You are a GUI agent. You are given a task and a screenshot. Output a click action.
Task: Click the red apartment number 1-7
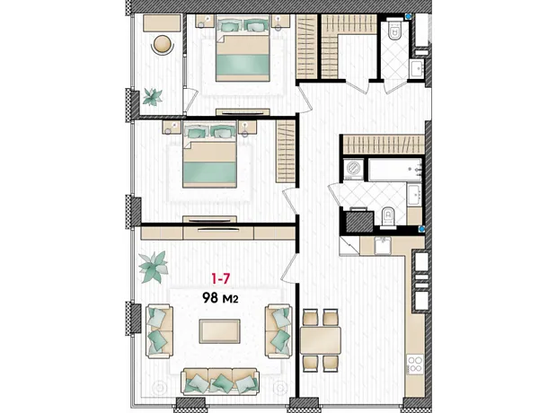[x=221, y=279]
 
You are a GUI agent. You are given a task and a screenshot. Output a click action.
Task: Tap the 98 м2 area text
[x=220, y=298]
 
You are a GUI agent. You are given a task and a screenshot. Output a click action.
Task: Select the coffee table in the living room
[x=219, y=331]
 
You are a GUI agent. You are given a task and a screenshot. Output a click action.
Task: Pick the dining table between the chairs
[x=321, y=340]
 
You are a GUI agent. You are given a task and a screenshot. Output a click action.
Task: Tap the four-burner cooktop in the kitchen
[x=415, y=365]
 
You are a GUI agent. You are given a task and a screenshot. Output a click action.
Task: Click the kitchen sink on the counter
[x=383, y=246]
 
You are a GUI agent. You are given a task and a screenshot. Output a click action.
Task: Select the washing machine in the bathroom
[x=353, y=169]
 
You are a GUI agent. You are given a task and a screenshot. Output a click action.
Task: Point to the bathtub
[x=394, y=170]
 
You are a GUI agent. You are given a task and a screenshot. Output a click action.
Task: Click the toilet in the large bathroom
[x=387, y=217]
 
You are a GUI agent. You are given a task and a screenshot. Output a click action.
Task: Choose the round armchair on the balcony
[x=163, y=45]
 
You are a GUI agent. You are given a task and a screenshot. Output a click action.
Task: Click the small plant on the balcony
[x=153, y=97]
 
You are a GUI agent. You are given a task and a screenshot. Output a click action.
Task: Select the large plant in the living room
[x=153, y=267]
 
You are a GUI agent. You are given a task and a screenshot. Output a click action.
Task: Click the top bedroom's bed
[x=243, y=48]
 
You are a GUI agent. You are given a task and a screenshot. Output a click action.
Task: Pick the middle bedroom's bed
[x=209, y=154]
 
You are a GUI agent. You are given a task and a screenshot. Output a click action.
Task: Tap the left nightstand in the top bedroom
[x=206, y=22]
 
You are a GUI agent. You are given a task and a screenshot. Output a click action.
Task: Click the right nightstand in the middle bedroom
[x=247, y=127]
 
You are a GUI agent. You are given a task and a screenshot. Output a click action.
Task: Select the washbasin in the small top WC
[x=416, y=69]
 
